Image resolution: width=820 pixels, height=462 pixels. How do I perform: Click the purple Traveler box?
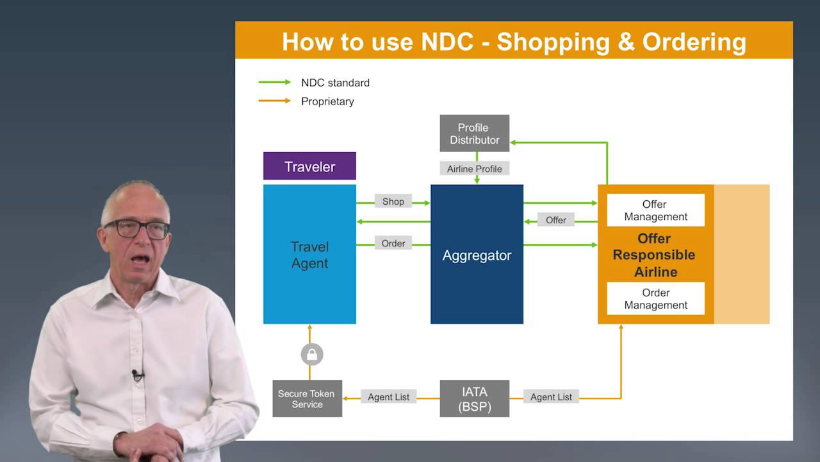(309, 166)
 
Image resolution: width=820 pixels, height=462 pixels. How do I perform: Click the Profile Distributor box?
(474, 133)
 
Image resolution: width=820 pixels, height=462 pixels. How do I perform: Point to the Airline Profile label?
(475, 169)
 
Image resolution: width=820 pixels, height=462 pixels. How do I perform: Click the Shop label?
(393, 201)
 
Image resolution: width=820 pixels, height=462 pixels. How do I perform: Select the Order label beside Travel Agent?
(393, 243)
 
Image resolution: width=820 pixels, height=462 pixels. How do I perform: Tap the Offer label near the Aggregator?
(555, 220)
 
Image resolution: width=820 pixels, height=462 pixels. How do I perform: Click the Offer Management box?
(655, 210)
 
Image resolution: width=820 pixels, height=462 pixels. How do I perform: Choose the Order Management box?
(655, 299)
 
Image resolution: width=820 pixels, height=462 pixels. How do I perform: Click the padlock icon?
(312, 354)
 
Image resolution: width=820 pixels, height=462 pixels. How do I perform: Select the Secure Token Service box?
(307, 398)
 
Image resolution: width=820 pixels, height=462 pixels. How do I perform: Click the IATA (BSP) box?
(474, 398)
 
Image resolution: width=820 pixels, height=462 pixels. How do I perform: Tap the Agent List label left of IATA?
(388, 397)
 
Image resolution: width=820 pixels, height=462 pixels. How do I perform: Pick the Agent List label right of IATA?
(551, 397)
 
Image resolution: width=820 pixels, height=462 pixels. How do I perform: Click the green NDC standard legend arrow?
(275, 82)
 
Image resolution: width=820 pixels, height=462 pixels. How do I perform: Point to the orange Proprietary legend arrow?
(275, 101)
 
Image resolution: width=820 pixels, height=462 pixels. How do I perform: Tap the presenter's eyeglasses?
(137, 228)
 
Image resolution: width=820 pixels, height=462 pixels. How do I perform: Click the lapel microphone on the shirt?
(137, 374)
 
